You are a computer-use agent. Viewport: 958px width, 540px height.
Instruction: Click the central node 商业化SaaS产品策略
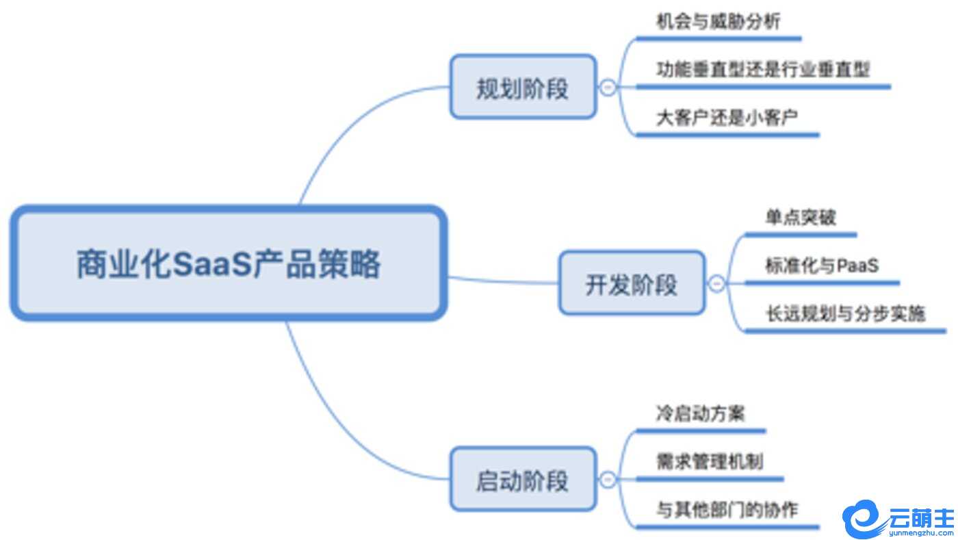229,264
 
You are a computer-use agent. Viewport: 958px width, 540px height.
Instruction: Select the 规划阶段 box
523,88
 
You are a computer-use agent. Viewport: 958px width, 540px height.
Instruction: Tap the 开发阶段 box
632,283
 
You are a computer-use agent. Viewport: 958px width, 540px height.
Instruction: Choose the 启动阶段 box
523,480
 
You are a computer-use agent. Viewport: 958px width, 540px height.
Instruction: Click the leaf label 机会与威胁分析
718,22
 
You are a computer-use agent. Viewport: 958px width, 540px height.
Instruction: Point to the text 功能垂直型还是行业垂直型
763,70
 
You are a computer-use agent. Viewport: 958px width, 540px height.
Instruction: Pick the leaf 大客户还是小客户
727,118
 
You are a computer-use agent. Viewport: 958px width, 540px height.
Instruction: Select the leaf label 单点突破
801,218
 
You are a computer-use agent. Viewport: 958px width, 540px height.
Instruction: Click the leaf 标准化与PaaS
821,265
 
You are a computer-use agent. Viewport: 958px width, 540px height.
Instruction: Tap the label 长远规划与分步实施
845,313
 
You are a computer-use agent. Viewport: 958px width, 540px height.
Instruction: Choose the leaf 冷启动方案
700,413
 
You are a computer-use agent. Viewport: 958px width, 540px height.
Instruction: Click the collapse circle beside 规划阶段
607,88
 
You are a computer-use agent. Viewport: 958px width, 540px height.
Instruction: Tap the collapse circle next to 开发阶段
716,283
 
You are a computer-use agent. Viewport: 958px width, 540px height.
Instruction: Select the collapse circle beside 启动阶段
607,480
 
